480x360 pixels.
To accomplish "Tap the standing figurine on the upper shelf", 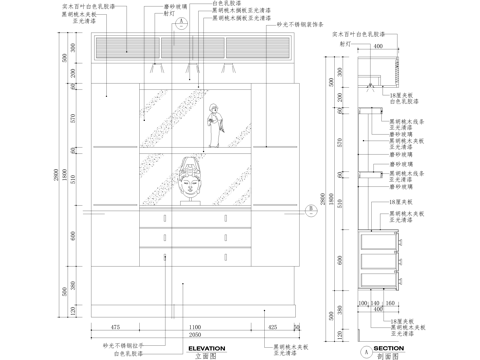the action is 212,129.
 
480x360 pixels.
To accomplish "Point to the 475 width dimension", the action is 115,327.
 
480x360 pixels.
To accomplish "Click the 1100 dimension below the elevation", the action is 196,327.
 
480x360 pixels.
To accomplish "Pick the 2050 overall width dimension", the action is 196,336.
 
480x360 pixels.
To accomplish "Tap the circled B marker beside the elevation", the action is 312,209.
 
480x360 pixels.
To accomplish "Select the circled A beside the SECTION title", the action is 354,351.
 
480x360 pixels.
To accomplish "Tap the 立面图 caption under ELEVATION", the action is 204,355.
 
